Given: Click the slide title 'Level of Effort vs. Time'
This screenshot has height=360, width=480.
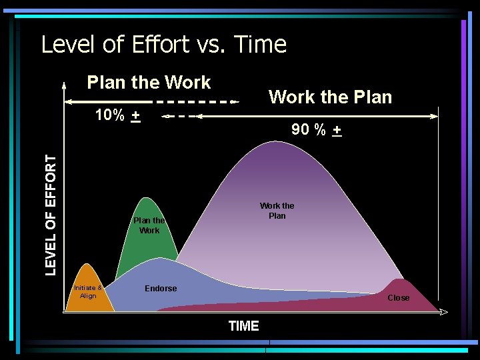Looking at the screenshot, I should (163, 45).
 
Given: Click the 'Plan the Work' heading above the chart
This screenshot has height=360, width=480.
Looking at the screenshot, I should (149, 83).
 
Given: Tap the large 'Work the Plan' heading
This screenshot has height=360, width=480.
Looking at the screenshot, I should (330, 97).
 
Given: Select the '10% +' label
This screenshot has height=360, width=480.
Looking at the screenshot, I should (117, 115).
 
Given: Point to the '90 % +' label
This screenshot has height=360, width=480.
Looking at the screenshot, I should (317, 130).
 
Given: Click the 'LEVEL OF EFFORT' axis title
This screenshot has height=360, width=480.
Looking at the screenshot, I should (51, 215).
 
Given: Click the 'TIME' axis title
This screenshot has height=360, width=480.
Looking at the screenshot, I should (243, 326).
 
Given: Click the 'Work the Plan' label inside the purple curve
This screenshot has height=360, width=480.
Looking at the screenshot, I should (277, 211).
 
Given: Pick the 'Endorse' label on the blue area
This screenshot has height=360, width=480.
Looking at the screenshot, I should (161, 289).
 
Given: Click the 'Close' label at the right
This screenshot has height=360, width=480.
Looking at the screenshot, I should (399, 298).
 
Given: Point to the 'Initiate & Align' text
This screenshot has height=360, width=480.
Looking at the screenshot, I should (88, 292).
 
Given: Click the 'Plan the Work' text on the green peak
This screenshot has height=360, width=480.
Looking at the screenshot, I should (149, 225).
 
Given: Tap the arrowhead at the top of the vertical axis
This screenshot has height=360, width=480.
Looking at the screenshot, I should (64, 85).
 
